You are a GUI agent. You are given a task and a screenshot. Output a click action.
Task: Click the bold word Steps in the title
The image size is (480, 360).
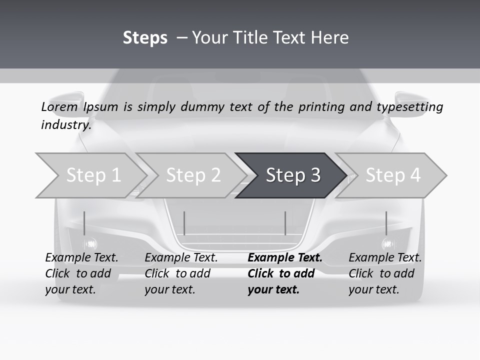tap(145, 38)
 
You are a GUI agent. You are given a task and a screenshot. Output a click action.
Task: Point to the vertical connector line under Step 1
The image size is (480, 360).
tap(84, 223)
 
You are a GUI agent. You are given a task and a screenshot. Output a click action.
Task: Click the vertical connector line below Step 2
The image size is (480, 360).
tap(184, 223)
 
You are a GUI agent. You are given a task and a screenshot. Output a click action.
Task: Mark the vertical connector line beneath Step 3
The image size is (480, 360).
tap(285, 223)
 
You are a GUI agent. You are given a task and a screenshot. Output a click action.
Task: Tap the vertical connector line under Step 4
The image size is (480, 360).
tap(386, 223)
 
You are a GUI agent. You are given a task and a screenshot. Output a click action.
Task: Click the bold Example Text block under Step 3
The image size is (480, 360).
tap(284, 273)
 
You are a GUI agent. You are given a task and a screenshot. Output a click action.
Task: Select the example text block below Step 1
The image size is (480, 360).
tap(81, 273)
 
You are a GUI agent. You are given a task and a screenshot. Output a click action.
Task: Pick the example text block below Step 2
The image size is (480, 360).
tap(180, 273)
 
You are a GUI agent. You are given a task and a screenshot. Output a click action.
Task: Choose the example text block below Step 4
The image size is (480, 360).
tap(384, 273)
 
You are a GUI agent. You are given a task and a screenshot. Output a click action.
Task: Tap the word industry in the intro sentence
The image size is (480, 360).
tap(66, 125)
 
